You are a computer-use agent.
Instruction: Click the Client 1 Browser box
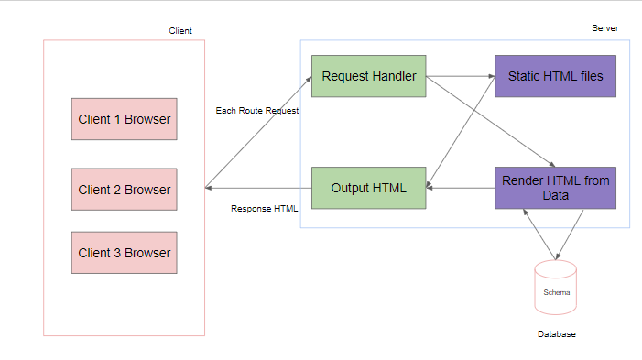point(125,118)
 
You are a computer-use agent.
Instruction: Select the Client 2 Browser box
point(125,190)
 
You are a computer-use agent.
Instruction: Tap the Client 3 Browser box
point(125,252)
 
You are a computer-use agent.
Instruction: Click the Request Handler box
point(369,76)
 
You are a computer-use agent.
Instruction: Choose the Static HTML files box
point(555,76)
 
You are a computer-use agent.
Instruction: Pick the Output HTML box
point(369,188)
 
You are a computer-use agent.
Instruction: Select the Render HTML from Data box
point(555,188)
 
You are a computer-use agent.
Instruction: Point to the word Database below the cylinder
point(556,334)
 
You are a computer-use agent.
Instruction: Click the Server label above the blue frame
point(604,28)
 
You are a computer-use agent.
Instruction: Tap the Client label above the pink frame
point(180,31)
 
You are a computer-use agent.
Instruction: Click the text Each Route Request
point(257,111)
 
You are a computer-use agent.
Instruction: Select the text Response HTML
point(265,208)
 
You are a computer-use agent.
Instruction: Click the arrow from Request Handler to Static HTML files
point(461,76)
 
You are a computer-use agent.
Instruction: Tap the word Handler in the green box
point(394,76)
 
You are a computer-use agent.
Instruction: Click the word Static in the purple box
point(525,76)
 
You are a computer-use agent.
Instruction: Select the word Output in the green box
point(352,188)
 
